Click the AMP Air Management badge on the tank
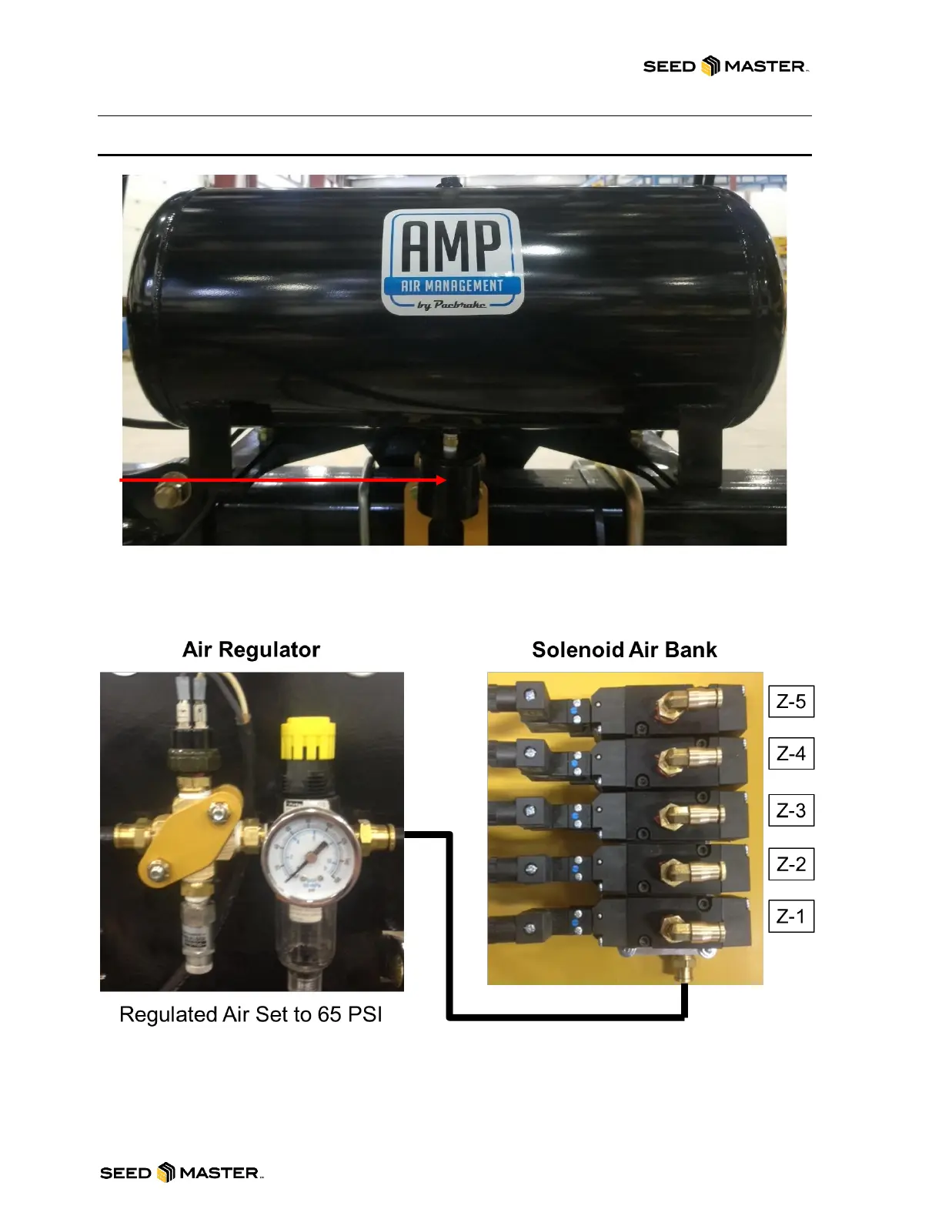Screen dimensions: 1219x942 [453, 262]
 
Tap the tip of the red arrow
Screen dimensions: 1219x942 [445, 479]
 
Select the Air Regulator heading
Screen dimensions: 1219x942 [251, 650]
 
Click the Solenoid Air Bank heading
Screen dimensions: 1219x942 [624, 650]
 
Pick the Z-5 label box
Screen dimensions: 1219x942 [791, 701]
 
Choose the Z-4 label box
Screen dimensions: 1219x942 [791, 753]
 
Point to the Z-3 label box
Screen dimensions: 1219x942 [791, 810]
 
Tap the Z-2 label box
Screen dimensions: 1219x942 [791, 864]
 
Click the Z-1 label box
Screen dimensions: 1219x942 [791, 916]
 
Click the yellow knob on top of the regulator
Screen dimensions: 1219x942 [308, 738]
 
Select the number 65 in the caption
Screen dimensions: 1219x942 [329, 1014]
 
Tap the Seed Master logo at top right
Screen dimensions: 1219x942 [726, 66]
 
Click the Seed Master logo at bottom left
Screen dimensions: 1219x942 [182, 1173]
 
